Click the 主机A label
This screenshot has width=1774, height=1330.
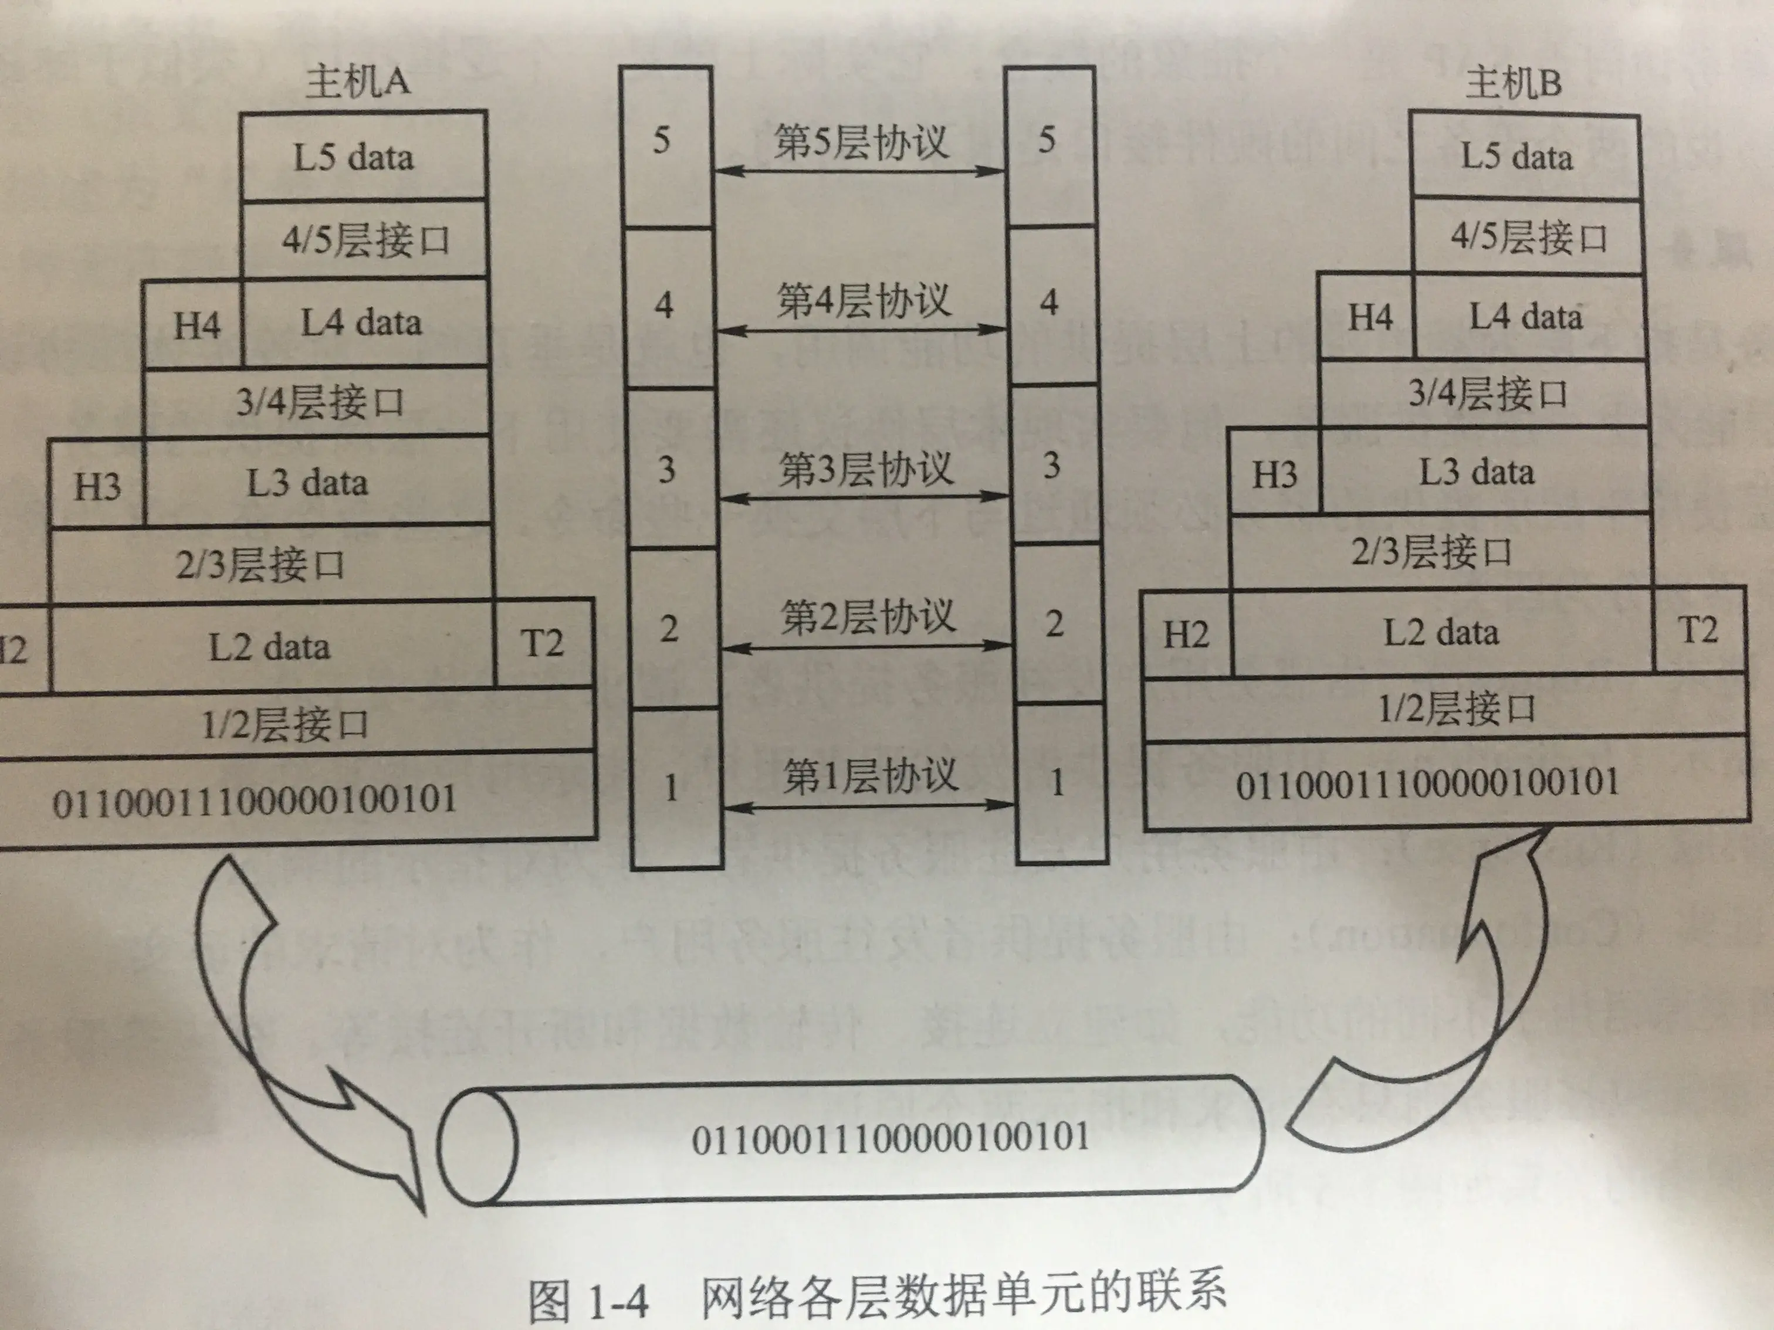358,82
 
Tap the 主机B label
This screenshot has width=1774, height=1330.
1514,83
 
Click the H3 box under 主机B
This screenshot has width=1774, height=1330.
1274,474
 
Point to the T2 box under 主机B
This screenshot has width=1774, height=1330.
1698,630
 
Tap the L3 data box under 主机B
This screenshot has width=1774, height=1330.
1477,472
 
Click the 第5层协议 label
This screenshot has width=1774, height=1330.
861,142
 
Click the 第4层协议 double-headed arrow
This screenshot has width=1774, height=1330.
861,329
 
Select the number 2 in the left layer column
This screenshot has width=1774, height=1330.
669,629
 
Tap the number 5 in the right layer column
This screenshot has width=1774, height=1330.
1047,140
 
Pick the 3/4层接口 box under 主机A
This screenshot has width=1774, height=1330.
319,402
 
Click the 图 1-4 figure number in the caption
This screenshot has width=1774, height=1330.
588,1300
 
